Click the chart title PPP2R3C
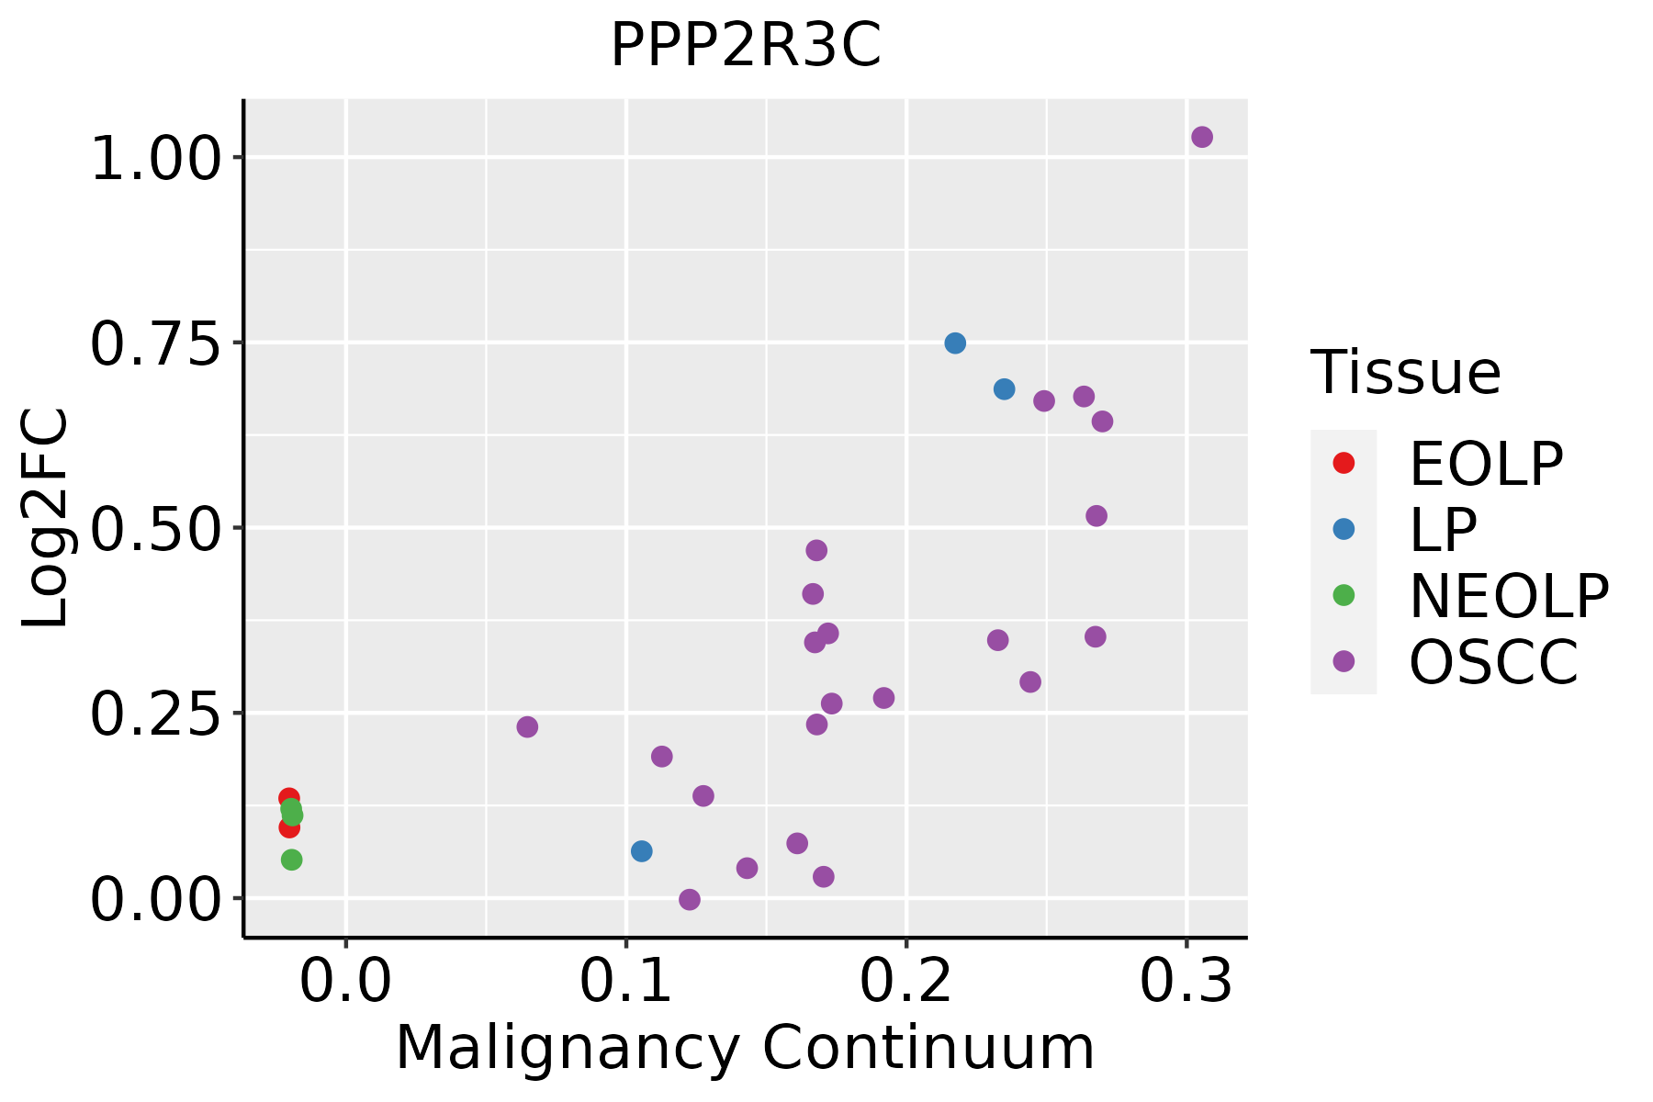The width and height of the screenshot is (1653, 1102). point(746,45)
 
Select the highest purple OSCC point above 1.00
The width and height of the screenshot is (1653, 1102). point(1202,137)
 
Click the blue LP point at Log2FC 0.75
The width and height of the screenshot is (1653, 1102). point(955,343)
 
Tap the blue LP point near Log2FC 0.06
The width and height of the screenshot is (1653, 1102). point(642,851)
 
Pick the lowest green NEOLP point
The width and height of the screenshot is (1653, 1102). point(292,860)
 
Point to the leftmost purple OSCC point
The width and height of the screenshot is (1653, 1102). point(527,727)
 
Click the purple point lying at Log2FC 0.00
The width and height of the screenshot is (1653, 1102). point(690,899)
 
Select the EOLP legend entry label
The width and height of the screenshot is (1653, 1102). point(1486,464)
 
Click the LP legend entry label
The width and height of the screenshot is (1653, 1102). point(1443,530)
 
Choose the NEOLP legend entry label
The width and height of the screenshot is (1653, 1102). point(1509,596)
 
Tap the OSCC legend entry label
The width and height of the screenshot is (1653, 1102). point(1493,662)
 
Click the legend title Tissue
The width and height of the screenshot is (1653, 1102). point(1406,373)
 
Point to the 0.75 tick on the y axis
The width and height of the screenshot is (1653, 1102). point(238,343)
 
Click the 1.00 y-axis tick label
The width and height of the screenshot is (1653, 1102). point(157,160)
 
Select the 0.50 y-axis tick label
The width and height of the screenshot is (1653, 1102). point(157,531)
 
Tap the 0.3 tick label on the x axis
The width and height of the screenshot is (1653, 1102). point(1186,982)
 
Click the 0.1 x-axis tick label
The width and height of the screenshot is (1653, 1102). point(625,982)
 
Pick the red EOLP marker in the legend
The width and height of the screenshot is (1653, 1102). point(1344,463)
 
